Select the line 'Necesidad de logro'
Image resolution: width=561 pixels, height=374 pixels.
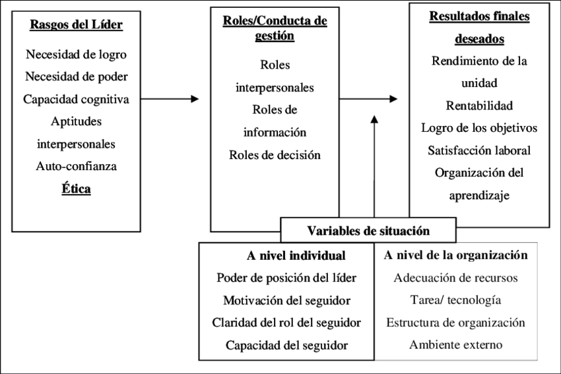tap(77, 54)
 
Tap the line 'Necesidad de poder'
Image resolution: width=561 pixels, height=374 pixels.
tap(77, 77)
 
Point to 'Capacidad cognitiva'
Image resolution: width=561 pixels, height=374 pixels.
tap(77, 99)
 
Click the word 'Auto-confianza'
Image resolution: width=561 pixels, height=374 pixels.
tap(77, 166)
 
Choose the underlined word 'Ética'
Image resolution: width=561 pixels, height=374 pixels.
tap(77, 189)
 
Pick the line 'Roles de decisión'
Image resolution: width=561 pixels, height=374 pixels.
tap(275, 155)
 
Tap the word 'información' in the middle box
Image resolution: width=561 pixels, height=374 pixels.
tap(275, 132)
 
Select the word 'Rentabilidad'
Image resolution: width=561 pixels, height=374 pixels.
tap(479, 106)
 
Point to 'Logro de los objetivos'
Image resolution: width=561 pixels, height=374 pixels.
tap(479, 128)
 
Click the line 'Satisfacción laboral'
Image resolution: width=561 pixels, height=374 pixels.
tap(479, 150)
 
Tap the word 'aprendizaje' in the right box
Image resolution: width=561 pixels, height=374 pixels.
tap(479, 195)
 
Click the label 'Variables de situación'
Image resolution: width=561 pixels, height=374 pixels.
tap(368, 231)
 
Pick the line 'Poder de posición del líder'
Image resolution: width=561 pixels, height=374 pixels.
tap(286, 278)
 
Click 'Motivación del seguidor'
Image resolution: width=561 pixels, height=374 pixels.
tap(286, 300)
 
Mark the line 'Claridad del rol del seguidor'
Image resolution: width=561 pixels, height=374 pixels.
tap(286, 323)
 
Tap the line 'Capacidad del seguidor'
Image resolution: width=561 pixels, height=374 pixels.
tap(286, 345)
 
